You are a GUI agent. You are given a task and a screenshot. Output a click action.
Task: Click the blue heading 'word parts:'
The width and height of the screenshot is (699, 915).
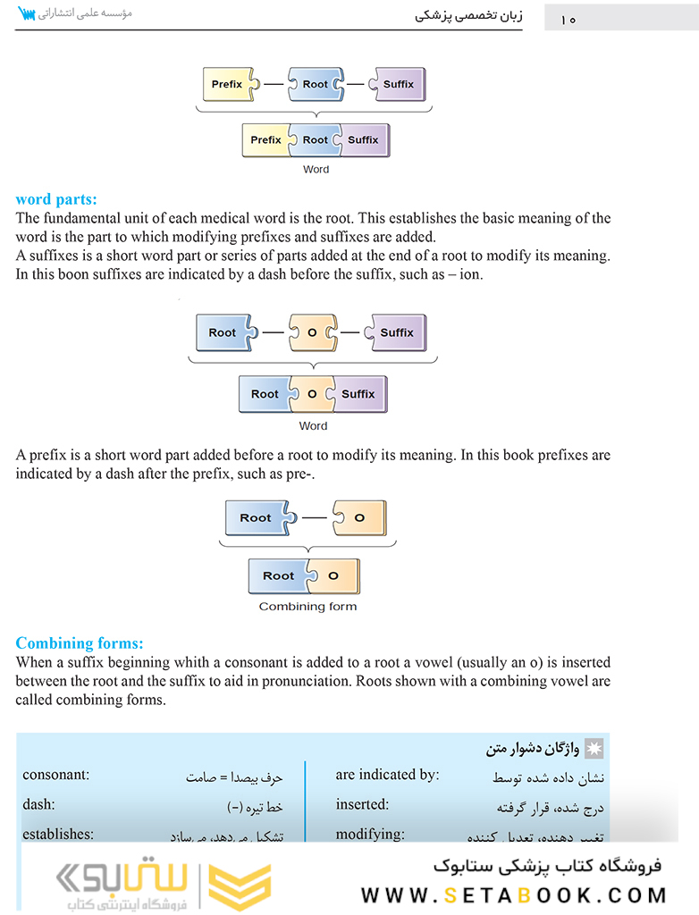[57, 200]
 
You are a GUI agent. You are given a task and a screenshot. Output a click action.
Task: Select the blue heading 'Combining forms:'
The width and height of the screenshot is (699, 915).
[80, 643]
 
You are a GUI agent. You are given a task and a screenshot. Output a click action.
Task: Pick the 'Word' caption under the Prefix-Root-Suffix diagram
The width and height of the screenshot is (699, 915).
[316, 169]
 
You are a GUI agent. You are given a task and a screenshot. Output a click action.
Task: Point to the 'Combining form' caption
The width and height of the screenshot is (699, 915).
[307, 607]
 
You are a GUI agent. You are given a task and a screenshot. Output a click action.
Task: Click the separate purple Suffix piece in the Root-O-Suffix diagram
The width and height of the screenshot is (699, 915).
[397, 333]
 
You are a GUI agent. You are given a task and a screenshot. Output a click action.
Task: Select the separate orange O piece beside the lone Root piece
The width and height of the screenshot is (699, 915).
[358, 517]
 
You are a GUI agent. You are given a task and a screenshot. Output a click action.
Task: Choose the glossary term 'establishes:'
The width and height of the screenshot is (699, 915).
[58, 834]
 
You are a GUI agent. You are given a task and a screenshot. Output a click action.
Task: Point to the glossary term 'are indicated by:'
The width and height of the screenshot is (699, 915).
[387, 775]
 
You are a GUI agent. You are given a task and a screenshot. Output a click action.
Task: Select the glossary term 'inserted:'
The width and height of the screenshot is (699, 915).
[362, 804]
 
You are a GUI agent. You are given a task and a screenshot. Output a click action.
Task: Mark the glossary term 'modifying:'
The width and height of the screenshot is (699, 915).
[370, 834]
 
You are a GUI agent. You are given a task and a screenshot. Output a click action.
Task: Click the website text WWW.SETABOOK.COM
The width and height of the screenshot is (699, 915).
[515, 894]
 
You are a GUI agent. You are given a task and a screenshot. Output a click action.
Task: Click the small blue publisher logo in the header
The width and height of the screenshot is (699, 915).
[26, 14]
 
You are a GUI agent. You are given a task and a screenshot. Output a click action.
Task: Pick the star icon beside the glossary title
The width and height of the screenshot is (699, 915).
[592, 747]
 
